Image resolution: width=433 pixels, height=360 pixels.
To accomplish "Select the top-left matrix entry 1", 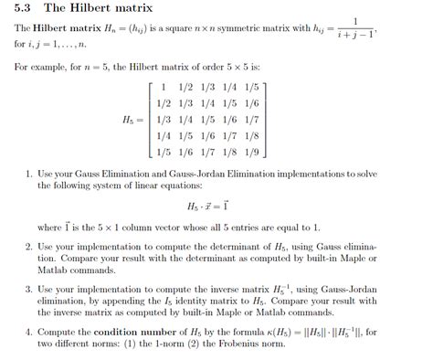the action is [163, 87].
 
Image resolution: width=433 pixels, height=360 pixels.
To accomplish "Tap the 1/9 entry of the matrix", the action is [252, 153].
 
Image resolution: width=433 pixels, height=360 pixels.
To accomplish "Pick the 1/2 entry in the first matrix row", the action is [186, 87].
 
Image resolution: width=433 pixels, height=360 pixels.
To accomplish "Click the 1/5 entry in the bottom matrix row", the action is [164, 153].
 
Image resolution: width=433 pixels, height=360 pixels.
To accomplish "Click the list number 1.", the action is [29, 172].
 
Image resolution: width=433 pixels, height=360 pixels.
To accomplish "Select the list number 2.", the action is [29, 247].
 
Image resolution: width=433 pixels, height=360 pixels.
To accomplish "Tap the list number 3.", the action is [29, 289].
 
